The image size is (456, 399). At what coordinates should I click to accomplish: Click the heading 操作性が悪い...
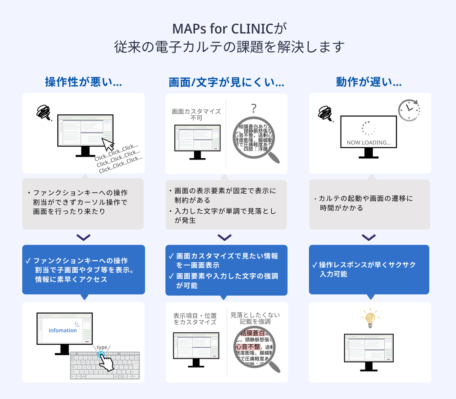(x=83, y=82)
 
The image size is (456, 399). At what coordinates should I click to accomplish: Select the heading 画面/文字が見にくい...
(x=226, y=82)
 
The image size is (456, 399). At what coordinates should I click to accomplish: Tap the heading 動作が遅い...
(x=369, y=82)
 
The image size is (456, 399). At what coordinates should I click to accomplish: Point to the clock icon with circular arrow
(x=409, y=110)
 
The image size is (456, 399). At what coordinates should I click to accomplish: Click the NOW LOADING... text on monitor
(x=369, y=143)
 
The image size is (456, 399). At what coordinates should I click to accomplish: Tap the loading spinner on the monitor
(x=368, y=128)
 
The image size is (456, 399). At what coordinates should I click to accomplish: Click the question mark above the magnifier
(x=254, y=109)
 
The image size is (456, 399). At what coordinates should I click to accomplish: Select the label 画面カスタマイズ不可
(x=196, y=115)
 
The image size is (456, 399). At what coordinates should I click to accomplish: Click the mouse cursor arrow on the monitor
(x=108, y=144)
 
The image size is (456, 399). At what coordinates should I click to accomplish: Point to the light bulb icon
(x=370, y=318)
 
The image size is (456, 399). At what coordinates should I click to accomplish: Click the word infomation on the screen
(x=63, y=330)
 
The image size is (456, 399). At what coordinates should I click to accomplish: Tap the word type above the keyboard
(x=102, y=347)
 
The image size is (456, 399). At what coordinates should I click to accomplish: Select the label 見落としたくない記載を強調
(x=255, y=318)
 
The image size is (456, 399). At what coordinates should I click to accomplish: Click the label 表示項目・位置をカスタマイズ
(x=195, y=319)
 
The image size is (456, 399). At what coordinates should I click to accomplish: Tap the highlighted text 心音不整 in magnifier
(x=249, y=347)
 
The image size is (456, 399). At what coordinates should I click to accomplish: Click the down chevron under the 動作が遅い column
(x=369, y=237)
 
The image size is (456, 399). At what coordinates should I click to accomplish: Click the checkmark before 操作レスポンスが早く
(x=314, y=265)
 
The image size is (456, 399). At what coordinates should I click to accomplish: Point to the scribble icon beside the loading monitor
(x=325, y=113)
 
